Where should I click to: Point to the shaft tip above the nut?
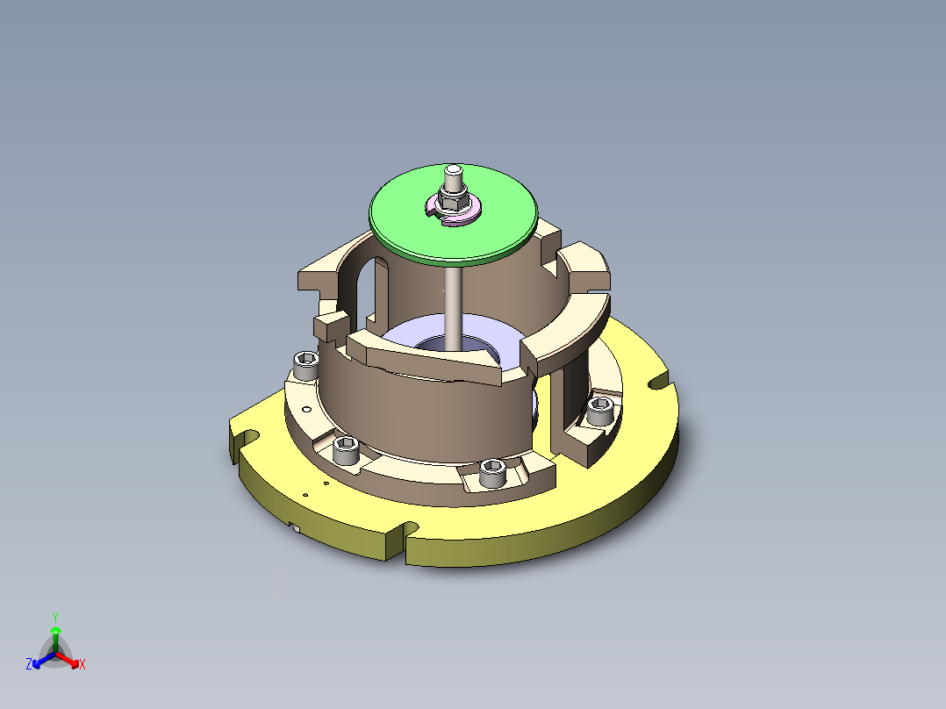coord(453,173)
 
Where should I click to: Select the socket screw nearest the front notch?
coord(491,473)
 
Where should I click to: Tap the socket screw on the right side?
coord(601,409)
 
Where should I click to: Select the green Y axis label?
coord(55,617)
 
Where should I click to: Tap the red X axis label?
coord(82,665)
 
